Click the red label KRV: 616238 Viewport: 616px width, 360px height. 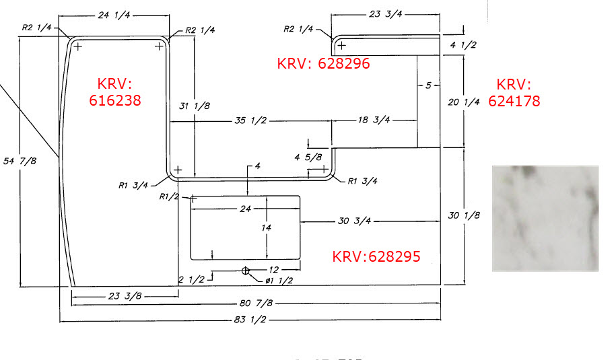click(x=119, y=92)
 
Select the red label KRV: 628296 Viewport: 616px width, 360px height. click(x=323, y=63)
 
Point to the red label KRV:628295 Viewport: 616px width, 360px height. click(x=376, y=256)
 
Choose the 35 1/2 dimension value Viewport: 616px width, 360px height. click(x=250, y=122)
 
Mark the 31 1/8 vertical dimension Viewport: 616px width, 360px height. click(x=195, y=106)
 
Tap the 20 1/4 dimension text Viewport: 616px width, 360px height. click(x=463, y=102)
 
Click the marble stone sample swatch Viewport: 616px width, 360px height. click(x=545, y=218)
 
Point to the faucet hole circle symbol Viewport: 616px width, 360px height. click(x=246, y=271)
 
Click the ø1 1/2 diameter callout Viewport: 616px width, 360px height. click(x=280, y=281)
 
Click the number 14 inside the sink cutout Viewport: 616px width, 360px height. click(x=266, y=228)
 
